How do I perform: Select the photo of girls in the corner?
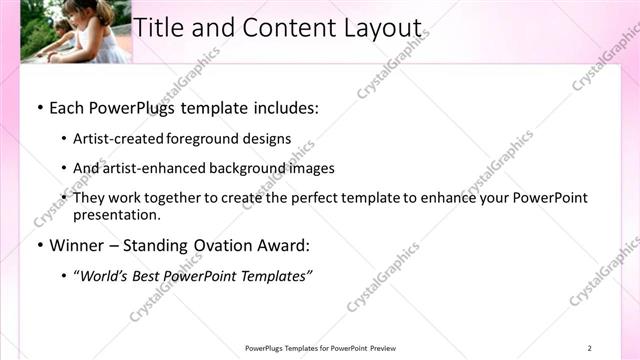[75, 31]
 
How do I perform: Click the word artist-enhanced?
[155, 168]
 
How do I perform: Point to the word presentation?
[118, 214]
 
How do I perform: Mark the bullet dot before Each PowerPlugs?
[39, 106]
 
